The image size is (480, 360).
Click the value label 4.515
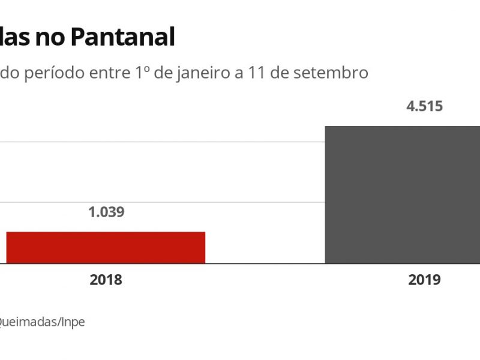tap(424, 107)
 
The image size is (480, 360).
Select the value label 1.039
tap(106, 212)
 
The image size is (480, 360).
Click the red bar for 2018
tap(106, 247)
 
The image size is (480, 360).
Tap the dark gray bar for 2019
tap(402, 194)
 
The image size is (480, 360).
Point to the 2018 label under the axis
tap(106, 280)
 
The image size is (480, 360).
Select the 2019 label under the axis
tap(424, 280)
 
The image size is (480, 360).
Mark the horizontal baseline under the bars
tap(264, 263)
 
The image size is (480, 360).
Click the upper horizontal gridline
tap(162, 142)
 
